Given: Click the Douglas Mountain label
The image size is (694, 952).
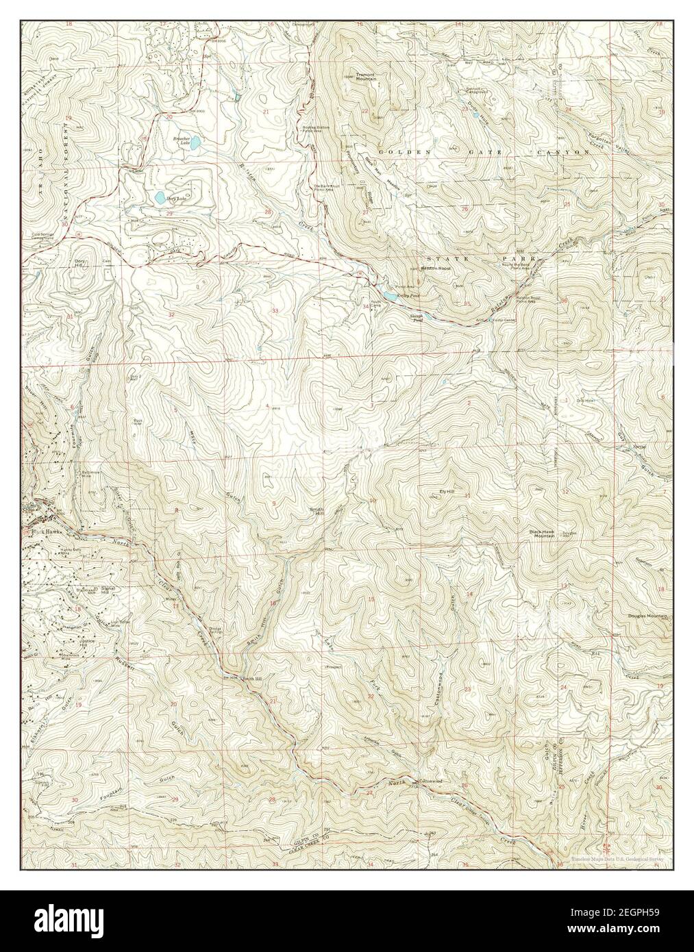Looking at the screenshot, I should pyautogui.click(x=647, y=616).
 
